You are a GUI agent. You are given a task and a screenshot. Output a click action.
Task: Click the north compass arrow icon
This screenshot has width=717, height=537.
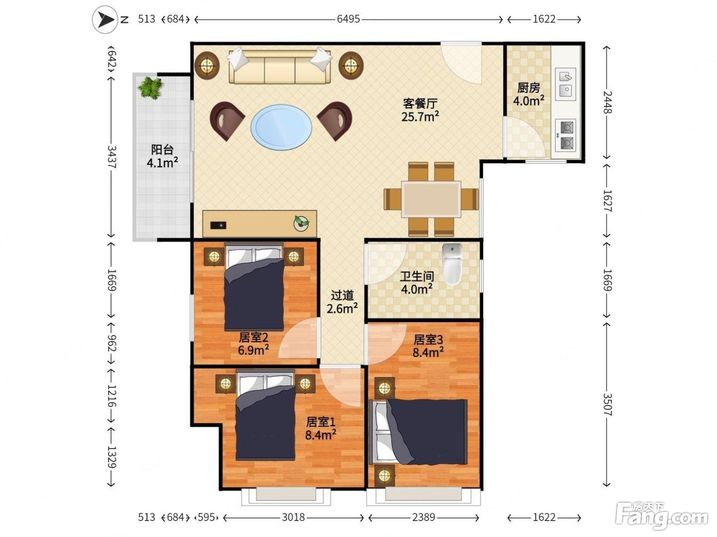click(x=105, y=20)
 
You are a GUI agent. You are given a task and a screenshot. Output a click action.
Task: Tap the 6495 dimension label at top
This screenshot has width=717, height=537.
click(x=348, y=19)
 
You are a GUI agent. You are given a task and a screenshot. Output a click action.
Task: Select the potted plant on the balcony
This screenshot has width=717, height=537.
click(x=151, y=87)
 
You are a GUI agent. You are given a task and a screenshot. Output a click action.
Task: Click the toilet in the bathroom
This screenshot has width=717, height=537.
click(x=452, y=264)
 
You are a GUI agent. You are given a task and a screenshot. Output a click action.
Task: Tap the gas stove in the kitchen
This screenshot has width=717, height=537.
click(x=565, y=135)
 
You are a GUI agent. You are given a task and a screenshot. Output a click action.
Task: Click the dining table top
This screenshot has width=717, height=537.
click(x=431, y=199)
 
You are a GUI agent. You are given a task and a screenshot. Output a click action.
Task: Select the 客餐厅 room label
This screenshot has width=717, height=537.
click(x=420, y=103)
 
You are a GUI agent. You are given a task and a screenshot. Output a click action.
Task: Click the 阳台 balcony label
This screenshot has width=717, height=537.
click(x=162, y=150)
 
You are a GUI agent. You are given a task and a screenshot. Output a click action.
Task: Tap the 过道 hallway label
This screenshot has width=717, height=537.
click(x=342, y=296)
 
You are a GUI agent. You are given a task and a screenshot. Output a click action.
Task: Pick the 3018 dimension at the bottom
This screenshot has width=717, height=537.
click(x=293, y=517)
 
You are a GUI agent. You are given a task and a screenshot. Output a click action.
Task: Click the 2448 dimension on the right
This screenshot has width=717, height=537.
click(x=607, y=102)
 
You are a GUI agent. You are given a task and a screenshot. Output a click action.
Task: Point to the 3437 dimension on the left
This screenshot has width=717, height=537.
click(x=112, y=157)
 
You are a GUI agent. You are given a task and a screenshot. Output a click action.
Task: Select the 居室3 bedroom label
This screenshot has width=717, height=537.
click(x=428, y=340)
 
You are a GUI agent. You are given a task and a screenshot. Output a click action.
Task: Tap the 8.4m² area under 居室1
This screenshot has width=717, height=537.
click(x=321, y=435)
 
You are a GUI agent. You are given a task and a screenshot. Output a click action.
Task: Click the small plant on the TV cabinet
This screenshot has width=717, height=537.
click(x=301, y=223)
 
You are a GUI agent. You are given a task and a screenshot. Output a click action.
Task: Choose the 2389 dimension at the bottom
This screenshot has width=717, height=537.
click(x=424, y=517)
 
